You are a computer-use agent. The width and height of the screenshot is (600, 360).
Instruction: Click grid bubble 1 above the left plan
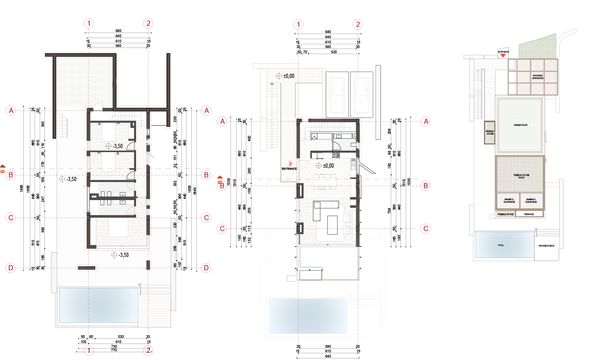(x=90, y=23)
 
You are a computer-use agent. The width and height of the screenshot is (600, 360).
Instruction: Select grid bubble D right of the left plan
(x=206, y=268)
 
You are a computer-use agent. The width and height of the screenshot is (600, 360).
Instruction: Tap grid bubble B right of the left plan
(x=206, y=175)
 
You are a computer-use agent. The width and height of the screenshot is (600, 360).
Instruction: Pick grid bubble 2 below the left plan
(x=148, y=351)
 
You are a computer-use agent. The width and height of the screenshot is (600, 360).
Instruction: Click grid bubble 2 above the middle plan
(x=358, y=24)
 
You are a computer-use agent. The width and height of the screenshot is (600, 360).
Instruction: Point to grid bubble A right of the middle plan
(x=426, y=121)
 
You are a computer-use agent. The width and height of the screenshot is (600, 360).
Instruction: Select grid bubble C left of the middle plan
(x=222, y=228)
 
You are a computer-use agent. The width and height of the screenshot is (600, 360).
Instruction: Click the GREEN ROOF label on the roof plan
(x=520, y=125)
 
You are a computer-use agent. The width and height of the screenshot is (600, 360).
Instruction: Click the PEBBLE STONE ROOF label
(x=520, y=175)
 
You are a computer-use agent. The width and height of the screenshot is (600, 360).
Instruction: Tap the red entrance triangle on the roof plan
(x=503, y=55)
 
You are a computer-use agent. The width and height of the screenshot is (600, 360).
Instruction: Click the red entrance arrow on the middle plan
(x=291, y=163)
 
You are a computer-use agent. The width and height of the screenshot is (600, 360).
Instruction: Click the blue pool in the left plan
(x=97, y=305)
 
